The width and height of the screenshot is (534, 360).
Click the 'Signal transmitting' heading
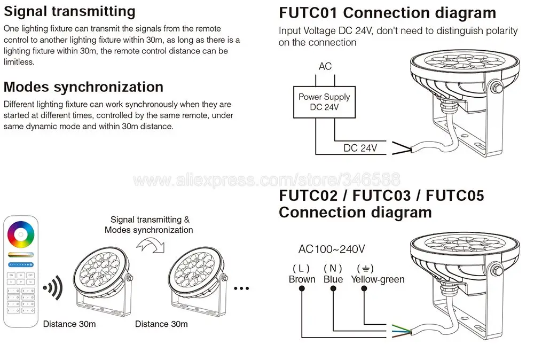click(x=69, y=11)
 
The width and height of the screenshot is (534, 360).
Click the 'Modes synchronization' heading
click(x=83, y=87)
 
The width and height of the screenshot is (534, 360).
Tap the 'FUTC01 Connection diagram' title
click(x=387, y=13)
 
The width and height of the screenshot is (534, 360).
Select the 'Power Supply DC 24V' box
click(x=324, y=102)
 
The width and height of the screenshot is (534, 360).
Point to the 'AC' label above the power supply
click(x=325, y=66)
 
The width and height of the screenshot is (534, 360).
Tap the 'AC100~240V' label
click(x=332, y=249)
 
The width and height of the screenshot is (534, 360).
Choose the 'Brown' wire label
click(x=302, y=279)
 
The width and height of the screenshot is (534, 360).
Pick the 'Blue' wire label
click(x=334, y=279)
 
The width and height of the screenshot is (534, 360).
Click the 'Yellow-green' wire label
click(x=378, y=279)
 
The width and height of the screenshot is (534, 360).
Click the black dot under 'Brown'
click(x=302, y=288)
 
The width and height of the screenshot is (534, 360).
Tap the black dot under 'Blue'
click(x=334, y=288)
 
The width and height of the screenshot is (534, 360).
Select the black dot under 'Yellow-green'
click(x=364, y=288)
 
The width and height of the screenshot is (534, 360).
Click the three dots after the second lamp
click(x=241, y=289)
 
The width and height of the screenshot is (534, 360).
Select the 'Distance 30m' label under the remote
click(x=69, y=324)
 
